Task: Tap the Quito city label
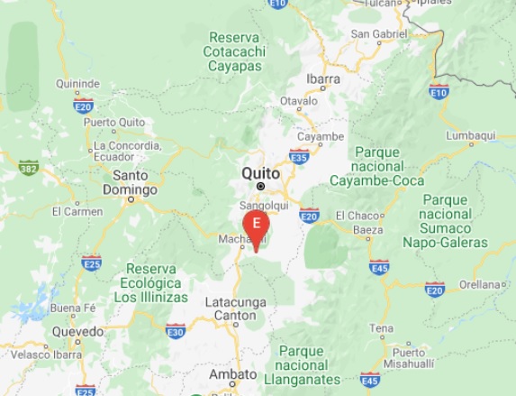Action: (x=260, y=173)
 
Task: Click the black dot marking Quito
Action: (x=260, y=186)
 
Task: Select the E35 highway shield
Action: (x=300, y=157)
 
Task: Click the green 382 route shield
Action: (x=29, y=167)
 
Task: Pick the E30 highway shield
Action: (x=176, y=332)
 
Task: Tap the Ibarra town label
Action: (x=322, y=78)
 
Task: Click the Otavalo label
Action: (x=300, y=101)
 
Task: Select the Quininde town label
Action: (x=77, y=84)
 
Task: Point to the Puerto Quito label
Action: (x=113, y=123)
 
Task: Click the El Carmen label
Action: (x=77, y=211)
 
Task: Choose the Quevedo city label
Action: (x=77, y=331)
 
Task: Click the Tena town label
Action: (x=381, y=327)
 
